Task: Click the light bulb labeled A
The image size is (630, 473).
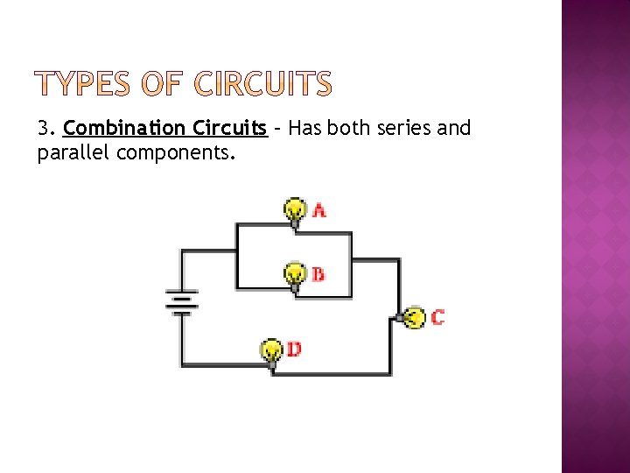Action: click(296, 210)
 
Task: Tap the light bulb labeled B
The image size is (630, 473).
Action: click(296, 274)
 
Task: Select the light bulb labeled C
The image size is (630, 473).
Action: click(414, 317)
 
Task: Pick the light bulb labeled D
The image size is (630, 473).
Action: click(272, 350)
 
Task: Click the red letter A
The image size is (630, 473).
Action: click(319, 210)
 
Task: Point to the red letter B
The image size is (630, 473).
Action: click(318, 274)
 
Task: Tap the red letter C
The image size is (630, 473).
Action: click(437, 317)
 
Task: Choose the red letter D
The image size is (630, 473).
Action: click(294, 349)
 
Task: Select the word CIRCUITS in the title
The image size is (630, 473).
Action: click(262, 85)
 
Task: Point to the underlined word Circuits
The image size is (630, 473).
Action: click(228, 129)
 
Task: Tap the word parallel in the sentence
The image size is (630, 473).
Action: click(73, 154)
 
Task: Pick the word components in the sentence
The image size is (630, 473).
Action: click(174, 154)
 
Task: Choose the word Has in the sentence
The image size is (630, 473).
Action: click(305, 129)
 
